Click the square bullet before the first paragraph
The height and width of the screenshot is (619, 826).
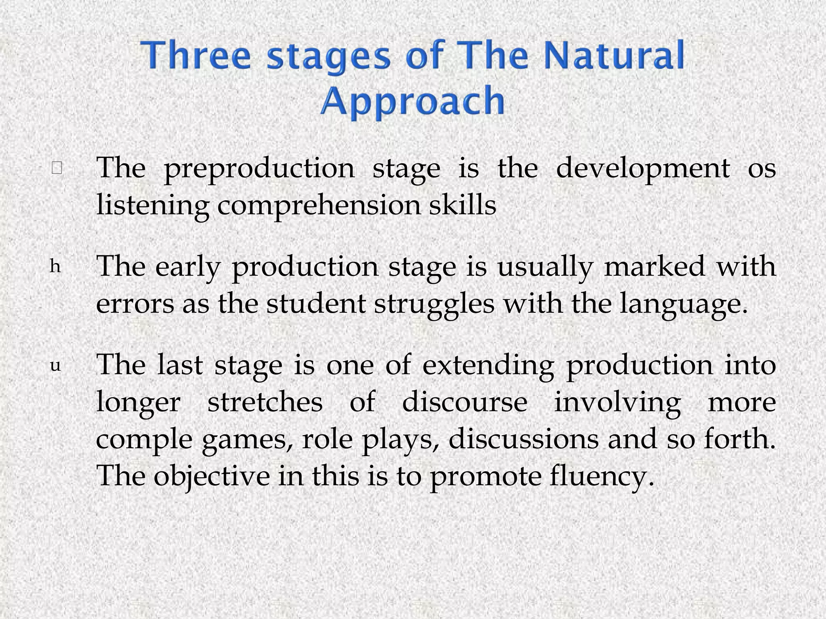(56, 168)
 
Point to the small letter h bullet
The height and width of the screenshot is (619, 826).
(55, 267)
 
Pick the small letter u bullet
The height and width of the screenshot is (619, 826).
(55, 366)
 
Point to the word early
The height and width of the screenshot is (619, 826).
(188, 268)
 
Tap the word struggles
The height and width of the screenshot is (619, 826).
(434, 305)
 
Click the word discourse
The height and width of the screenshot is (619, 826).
(465, 402)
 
